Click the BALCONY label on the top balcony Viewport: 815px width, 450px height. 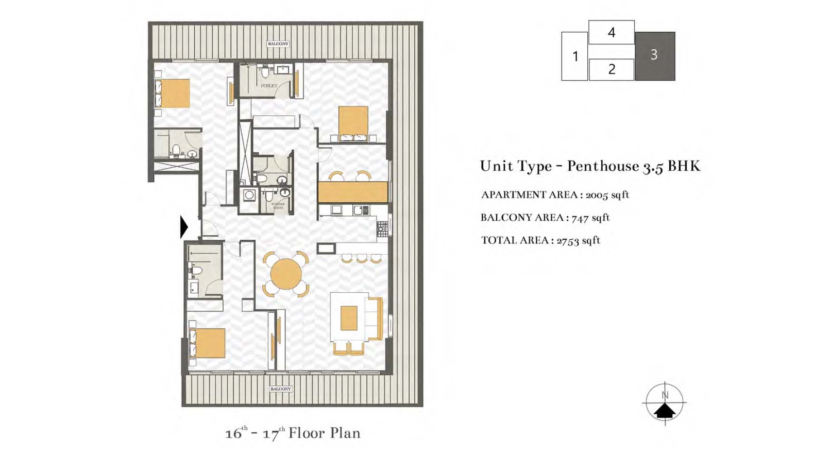[x=278, y=44]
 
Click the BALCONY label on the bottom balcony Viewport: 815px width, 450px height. [x=281, y=389]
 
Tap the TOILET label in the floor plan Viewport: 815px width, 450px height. [x=269, y=86]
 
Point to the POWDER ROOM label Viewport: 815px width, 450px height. [x=278, y=206]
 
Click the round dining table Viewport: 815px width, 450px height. [x=286, y=274]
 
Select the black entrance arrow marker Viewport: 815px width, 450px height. [x=183, y=227]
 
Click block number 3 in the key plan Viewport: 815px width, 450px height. [x=654, y=55]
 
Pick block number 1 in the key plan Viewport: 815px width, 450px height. [x=575, y=56]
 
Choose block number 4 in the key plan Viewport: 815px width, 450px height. [x=611, y=32]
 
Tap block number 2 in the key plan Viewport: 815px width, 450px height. [x=611, y=69]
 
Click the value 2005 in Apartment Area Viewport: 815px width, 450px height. [x=596, y=195]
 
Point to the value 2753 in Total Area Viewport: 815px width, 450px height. [x=567, y=241]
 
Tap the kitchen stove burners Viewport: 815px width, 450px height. [x=383, y=229]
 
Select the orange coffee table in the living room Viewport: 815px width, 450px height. [x=349, y=318]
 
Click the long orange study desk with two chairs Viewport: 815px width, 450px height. [x=353, y=191]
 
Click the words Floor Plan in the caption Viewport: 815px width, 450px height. [x=324, y=433]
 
